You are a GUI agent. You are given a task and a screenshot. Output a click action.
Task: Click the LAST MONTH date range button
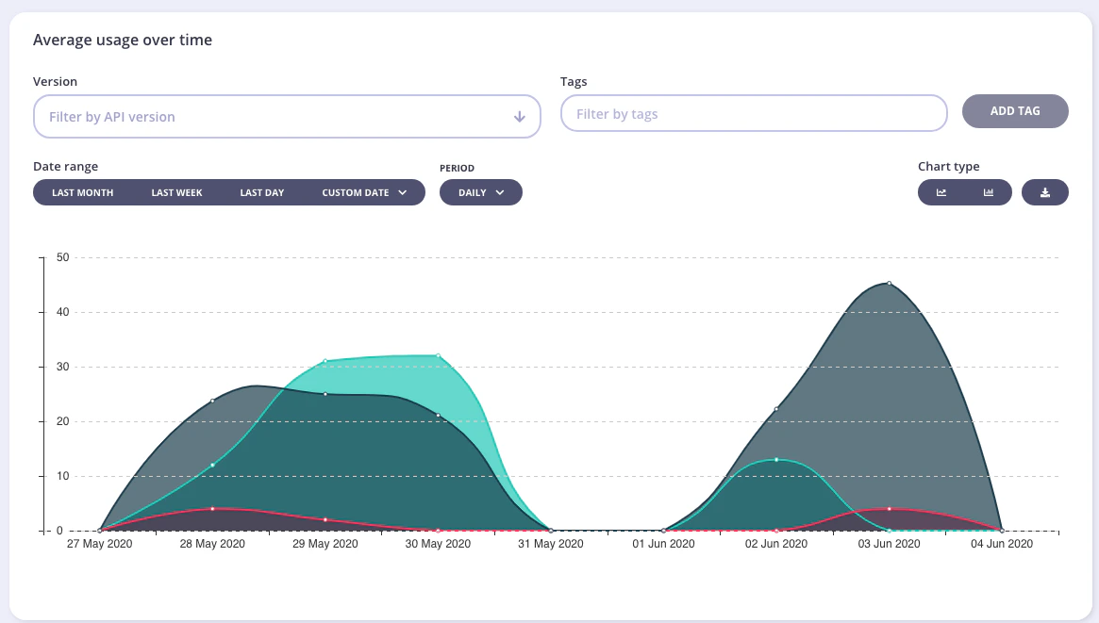click(83, 192)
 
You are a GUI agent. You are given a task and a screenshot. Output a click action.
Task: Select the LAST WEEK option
click(176, 192)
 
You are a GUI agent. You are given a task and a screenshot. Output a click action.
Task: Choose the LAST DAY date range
click(261, 192)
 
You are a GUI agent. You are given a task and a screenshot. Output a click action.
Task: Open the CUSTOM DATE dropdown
click(364, 192)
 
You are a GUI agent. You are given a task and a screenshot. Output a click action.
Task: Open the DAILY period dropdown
click(480, 192)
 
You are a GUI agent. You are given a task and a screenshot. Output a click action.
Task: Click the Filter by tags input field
click(753, 114)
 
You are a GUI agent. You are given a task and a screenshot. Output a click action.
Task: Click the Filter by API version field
click(286, 117)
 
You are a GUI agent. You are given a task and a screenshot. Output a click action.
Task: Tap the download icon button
click(1044, 192)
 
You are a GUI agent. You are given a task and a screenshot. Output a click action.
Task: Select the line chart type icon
click(941, 192)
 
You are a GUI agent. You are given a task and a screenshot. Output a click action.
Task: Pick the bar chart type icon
click(989, 192)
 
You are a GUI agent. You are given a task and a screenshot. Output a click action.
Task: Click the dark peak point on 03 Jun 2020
click(889, 283)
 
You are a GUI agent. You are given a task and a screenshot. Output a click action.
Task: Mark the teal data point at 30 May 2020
click(438, 355)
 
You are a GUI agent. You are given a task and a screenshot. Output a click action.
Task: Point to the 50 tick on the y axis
click(63, 257)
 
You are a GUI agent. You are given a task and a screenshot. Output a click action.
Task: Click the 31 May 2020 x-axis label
click(551, 544)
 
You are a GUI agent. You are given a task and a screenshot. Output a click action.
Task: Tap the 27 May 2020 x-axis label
click(100, 544)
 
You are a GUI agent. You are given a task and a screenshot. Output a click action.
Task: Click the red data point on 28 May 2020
click(212, 509)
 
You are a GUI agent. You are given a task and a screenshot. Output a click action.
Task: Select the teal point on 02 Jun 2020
click(776, 459)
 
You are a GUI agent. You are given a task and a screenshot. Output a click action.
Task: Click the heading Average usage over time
click(123, 40)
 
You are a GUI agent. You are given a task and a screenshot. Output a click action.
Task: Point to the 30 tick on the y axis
click(63, 367)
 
